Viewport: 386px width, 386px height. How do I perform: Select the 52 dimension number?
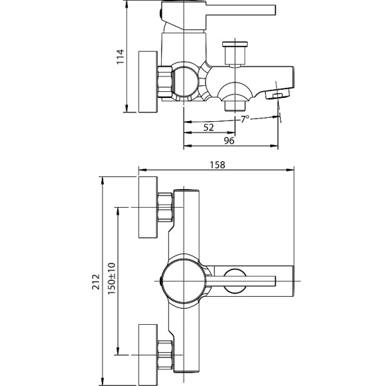pyautogui.click(x=208, y=128)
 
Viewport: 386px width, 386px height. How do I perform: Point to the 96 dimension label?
pyautogui.click(x=228, y=141)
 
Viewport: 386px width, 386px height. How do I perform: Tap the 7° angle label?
pyautogui.click(x=245, y=118)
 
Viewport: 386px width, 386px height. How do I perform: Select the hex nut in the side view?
pyautogui.click(x=164, y=81)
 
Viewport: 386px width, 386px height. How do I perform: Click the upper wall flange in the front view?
pyautogui.click(x=147, y=208)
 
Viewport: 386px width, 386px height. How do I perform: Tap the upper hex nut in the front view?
pyautogui.click(x=164, y=208)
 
